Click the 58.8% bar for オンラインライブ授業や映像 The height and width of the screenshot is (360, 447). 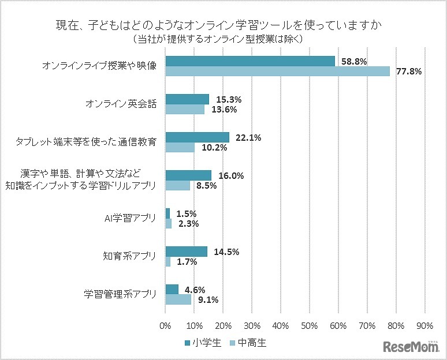pyautogui.click(x=250, y=61)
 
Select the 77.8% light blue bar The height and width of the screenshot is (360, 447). pyautogui.click(x=278, y=71)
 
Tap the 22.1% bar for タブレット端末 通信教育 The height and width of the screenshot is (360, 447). pyautogui.click(x=198, y=137)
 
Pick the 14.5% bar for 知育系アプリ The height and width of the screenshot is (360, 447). pyautogui.click(x=187, y=252)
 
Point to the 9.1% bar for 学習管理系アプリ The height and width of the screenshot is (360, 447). pyautogui.click(x=178, y=299)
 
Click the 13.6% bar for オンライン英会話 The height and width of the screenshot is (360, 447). pyautogui.click(x=185, y=109)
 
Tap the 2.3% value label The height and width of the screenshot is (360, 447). pyautogui.click(x=188, y=223)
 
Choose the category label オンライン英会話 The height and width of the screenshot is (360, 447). pyautogui.click(x=121, y=104)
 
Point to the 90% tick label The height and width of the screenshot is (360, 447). pyautogui.click(x=424, y=325)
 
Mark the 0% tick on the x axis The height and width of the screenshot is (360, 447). pyautogui.click(x=166, y=325)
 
